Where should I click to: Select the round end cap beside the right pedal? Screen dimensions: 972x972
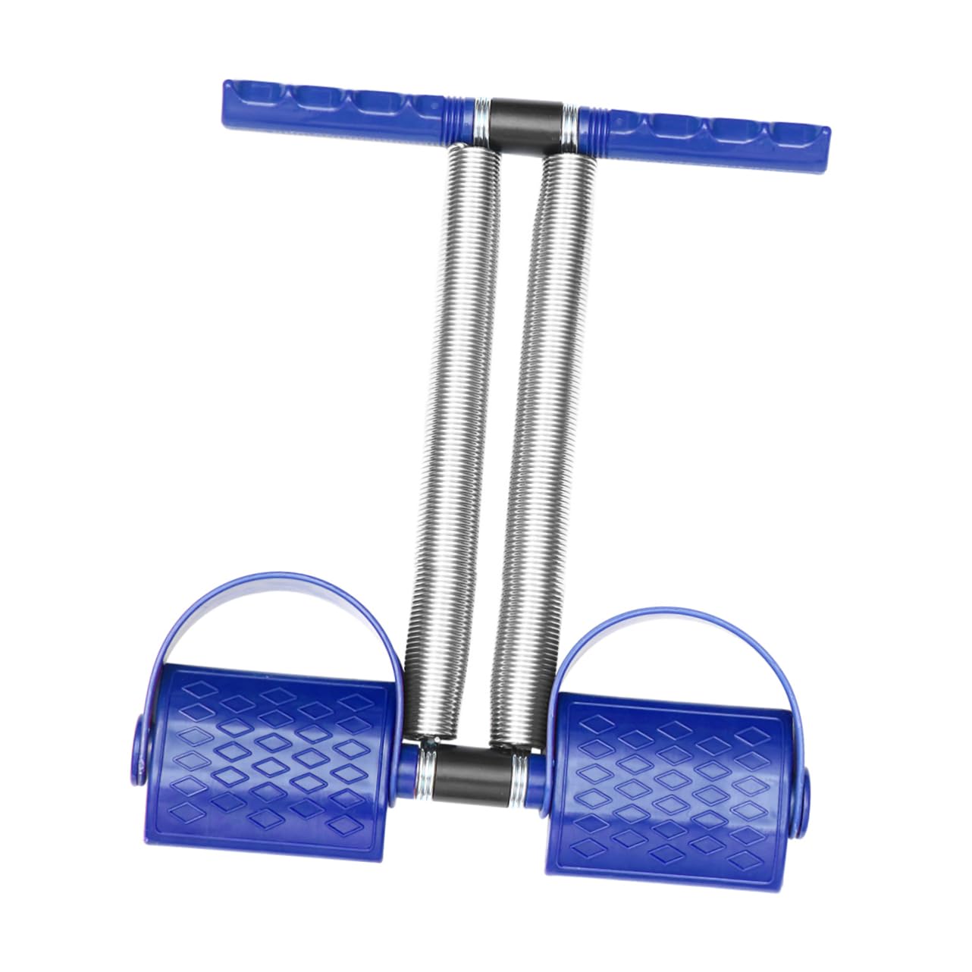[x=802, y=796]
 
